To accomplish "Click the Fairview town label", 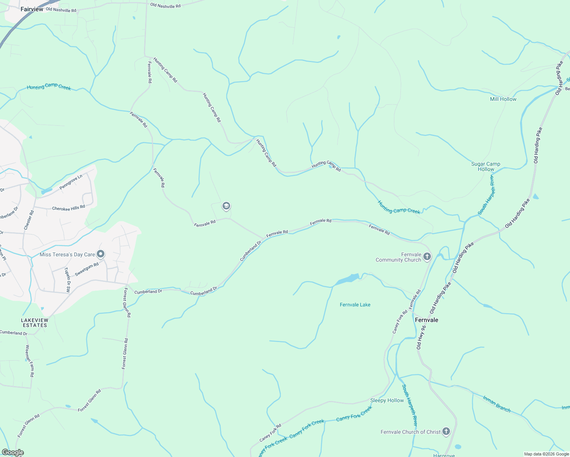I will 32,9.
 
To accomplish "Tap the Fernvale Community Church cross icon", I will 427,257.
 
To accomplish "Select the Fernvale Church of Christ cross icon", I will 446,432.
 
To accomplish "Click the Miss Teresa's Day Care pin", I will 101,254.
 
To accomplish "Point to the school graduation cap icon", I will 226,206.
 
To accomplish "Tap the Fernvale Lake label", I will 355,305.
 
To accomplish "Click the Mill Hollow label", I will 503,99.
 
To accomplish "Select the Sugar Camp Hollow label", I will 486,166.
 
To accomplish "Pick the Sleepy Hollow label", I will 387,400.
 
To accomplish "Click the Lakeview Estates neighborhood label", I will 35,323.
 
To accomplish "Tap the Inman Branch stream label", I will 496,404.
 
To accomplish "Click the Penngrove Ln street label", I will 71,182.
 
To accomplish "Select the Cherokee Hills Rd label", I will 69,208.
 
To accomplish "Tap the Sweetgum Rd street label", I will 86,269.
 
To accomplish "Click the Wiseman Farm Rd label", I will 30,361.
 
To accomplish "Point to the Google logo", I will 13,452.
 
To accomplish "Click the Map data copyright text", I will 546,454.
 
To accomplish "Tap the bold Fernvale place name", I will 426,320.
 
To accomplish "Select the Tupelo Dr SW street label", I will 67,280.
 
